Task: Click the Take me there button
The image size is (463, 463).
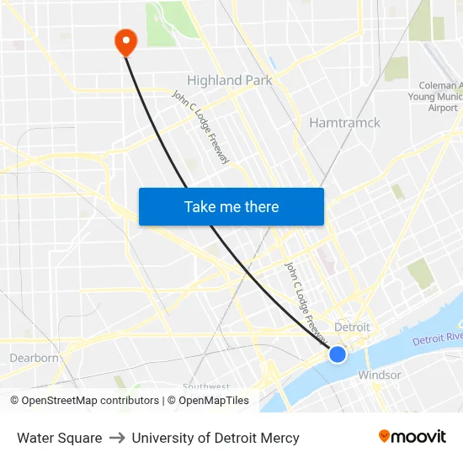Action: click(231, 207)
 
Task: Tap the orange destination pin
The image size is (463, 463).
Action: click(125, 41)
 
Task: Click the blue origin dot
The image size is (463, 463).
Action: click(338, 354)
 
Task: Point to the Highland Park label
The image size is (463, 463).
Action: click(229, 81)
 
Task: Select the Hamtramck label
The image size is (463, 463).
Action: click(344, 123)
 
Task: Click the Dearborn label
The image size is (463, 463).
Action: click(34, 358)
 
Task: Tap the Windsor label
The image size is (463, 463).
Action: click(380, 375)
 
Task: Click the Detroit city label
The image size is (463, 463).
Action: click(352, 327)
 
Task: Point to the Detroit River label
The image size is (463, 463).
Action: click(438, 338)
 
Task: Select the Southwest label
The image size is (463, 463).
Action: click(205, 386)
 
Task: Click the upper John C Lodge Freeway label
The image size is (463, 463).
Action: click(201, 126)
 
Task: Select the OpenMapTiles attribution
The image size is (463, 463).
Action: click(213, 401)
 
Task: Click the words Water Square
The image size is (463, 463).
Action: click(60, 438)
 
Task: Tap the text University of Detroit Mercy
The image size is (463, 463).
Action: click(216, 438)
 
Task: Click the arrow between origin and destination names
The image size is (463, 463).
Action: click(117, 438)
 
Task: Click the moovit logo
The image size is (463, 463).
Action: click(412, 437)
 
